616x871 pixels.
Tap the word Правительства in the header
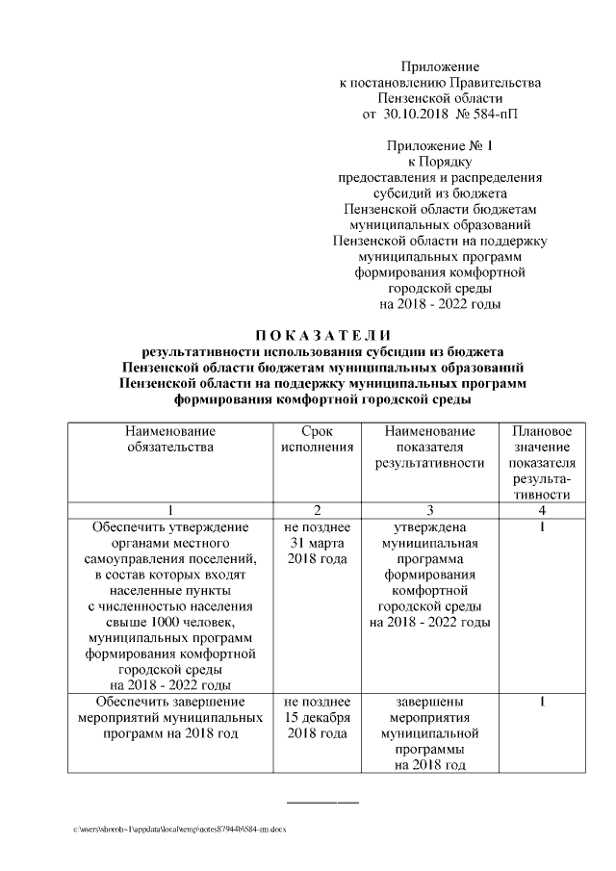(x=494, y=83)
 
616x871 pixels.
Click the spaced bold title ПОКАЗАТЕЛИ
(x=308, y=334)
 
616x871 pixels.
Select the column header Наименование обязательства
(x=170, y=438)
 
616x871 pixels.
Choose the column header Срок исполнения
(x=317, y=438)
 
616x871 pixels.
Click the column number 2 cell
(x=317, y=509)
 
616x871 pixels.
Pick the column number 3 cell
(x=429, y=509)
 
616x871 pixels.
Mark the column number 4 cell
(x=542, y=509)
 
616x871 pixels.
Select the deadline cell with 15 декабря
(x=317, y=717)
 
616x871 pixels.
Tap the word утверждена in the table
(x=429, y=527)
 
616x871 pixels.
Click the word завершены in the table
(x=429, y=702)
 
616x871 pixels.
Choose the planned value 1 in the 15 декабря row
(x=542, y=702)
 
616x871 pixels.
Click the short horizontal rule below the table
(x=322, y=802)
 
